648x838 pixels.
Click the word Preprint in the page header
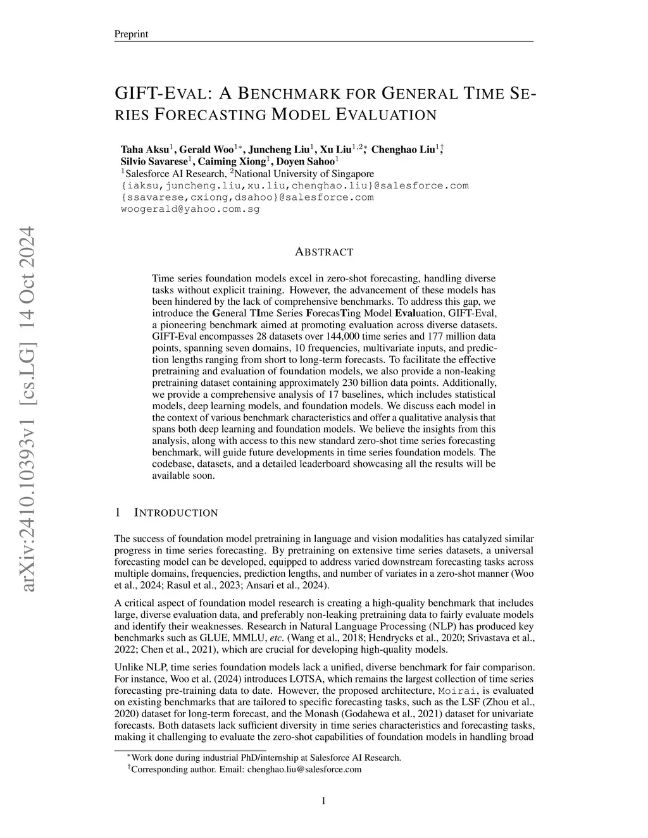[131, 34]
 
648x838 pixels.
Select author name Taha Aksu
[144, 150]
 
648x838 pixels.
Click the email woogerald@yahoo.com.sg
[190, 209]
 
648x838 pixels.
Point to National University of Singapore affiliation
[304, 173]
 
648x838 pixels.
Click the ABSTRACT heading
[324, 252]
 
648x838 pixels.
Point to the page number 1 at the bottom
[324, 801]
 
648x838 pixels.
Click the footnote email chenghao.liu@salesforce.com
[304, 769]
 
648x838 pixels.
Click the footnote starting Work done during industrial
[266, 758]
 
